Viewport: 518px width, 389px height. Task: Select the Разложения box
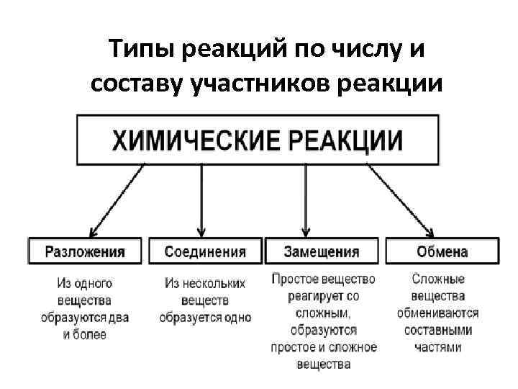pos(85,252)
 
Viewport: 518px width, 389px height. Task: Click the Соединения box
pos(205,252)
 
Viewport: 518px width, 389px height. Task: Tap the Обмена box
pos(442,252)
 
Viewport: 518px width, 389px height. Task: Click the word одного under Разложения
pos(95,283)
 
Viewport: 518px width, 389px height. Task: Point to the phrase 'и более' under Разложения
pos(85,334)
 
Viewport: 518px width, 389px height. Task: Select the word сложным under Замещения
pos(322,313)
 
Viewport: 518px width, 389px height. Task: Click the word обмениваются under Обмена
pos(438,313)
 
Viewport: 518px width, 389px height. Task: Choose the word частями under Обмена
pos(438,347)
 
